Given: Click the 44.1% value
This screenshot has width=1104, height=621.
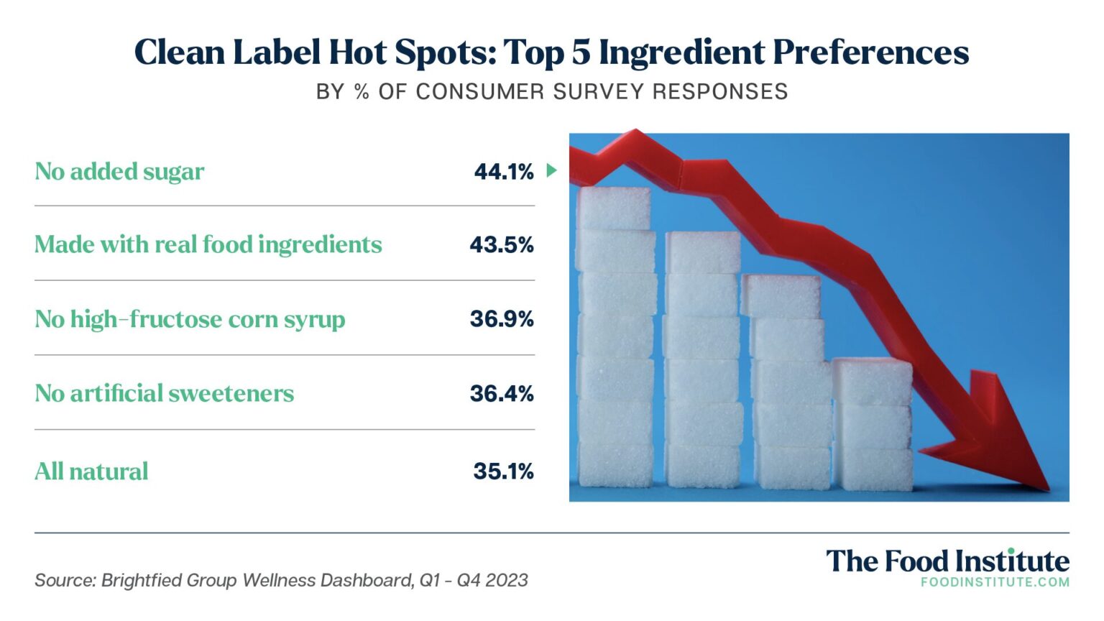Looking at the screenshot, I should (504, 172).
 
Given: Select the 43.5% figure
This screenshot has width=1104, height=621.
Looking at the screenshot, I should (502, 245).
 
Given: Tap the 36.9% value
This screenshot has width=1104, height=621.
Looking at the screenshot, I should (502, 319).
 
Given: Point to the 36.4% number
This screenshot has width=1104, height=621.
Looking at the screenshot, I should (502, 394).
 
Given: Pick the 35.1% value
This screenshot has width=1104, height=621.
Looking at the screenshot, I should (503, 471).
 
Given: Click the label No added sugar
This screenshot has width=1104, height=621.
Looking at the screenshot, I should (119, 172).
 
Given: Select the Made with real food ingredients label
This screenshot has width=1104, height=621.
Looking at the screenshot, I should (208, 245).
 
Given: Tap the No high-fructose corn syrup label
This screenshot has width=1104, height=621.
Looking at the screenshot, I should (190, 319).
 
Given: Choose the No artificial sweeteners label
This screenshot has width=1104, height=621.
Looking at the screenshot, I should (164, 394).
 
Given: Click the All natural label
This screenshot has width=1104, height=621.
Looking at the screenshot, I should (91, 471).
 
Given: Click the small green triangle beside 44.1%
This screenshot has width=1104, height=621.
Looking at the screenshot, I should (551, 171).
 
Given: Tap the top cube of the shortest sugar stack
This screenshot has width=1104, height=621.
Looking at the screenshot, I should (872, 381).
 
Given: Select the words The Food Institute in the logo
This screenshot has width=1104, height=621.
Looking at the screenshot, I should (947, 561).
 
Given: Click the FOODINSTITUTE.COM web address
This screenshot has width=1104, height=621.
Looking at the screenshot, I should (995, 582).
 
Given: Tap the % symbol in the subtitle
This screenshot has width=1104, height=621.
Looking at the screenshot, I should (362, 92).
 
